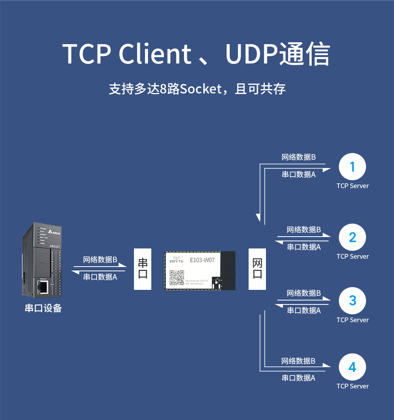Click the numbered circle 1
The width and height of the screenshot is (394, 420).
coord(352,167)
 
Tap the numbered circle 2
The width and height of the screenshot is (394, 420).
coord(352,237)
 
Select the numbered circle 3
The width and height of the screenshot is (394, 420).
coord(352,301)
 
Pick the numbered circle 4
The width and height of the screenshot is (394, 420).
coord(352,367)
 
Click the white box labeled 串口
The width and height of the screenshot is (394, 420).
coord(143,269)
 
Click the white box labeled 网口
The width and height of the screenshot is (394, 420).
coord(257,269)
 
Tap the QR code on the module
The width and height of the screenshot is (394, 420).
coord(177,277)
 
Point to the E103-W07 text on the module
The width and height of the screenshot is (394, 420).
coord(202,260)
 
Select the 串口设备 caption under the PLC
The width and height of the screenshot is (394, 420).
coord(43,308)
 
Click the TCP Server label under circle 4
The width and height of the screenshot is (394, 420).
coord(353,386)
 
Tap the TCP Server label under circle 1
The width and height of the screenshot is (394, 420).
coord(353,186)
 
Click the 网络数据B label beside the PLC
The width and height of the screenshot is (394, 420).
coord(100,259)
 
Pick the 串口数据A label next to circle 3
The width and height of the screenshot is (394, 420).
coord(304,310)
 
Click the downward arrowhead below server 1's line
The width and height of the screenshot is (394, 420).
coord(258,217)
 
